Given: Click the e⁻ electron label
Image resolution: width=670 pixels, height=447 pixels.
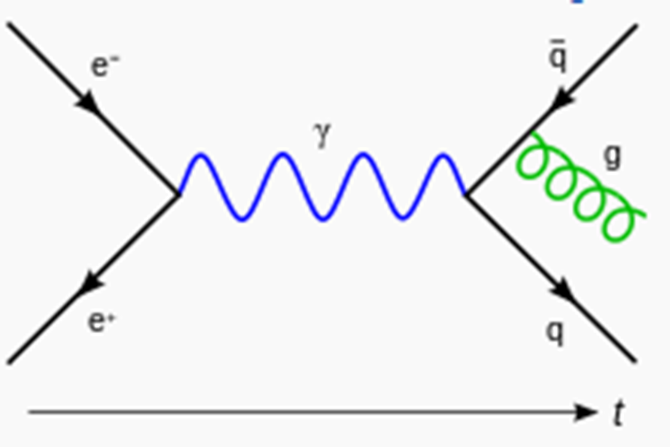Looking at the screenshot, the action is pyautogui.click(x=105, y=66).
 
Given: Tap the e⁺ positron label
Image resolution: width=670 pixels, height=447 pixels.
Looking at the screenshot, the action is pyautogui.click(x=101, y=321).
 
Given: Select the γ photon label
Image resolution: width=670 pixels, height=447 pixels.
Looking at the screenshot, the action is pyautogui.click(x=322, y=135).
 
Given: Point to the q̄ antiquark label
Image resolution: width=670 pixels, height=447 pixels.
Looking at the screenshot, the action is pyautogui.click(x=558, y=56).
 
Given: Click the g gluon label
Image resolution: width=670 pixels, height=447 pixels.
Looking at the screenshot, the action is pyautogui.click(x=612, y=157).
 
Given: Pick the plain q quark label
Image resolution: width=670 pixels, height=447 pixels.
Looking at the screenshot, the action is pyautogui.click(x=556, y=333).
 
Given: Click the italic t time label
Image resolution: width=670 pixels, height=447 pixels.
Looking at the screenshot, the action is pyautogui.click(x=618, y=412).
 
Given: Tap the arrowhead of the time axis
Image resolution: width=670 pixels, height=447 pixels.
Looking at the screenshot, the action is pyautogui.click(x=586, y=412).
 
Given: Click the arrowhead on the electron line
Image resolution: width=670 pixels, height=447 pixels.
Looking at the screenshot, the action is pyautogui.click(x=88, y=103).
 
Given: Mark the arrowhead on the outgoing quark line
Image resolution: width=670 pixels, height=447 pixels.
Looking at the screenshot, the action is pyautogui.click(x=563, y=290).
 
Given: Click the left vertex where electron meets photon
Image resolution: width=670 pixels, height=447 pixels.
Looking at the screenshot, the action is pyautogui.click(x=179, y=195).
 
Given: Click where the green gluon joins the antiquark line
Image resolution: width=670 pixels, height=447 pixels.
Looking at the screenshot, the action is pyautogui.click(x=531, y=133).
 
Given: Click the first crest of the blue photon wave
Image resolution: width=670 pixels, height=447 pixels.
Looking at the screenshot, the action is pyautogui.click(x=201, y=155).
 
